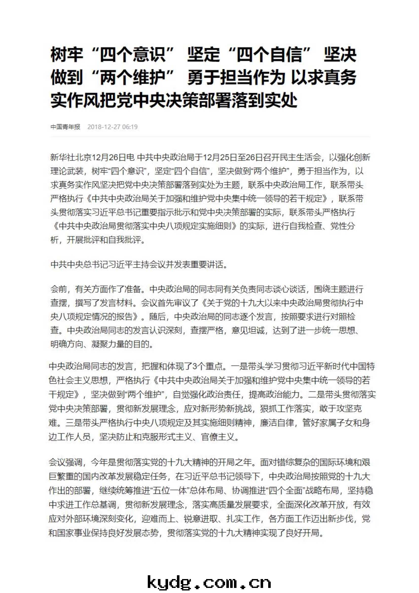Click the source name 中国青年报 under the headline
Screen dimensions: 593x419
point(65,127)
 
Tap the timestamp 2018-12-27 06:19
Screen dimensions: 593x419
point(112,127)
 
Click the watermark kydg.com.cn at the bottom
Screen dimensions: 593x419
point(209,583)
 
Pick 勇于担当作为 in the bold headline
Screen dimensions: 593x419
point(236,77)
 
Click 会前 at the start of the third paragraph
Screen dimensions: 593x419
point(59,289)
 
